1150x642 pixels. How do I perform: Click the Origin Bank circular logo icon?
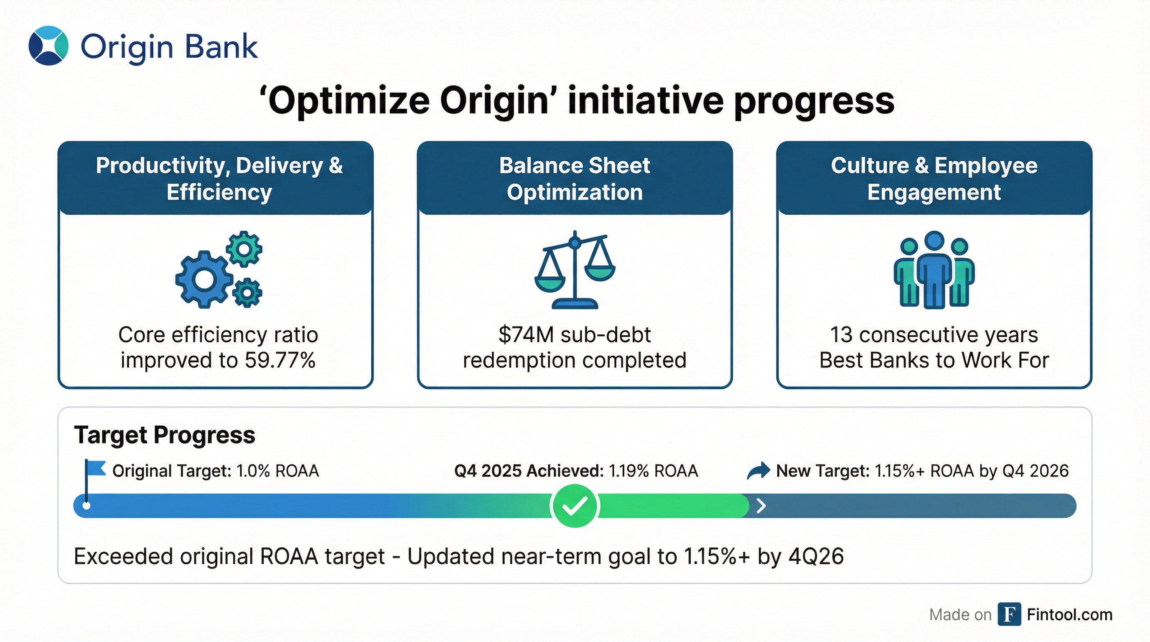(48, 46)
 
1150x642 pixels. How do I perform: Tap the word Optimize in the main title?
(348, 101)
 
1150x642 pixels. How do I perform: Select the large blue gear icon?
(204, 280)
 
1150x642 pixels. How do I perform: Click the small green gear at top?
(244, 249)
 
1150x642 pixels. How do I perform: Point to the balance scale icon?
(575, 270)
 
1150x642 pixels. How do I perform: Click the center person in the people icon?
(934, 270)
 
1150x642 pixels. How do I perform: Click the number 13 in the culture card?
(841, 335)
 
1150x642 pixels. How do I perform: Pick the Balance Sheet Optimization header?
(575, 178)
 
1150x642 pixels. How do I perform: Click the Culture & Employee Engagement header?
(934, 178)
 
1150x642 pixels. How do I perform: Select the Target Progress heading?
(165, 435)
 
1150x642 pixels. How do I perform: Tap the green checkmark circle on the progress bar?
(575, 506)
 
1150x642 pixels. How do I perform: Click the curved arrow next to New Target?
(758, 471)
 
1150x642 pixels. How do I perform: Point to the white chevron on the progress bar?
(761, 506)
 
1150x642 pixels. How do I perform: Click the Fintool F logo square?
(1009, 614)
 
